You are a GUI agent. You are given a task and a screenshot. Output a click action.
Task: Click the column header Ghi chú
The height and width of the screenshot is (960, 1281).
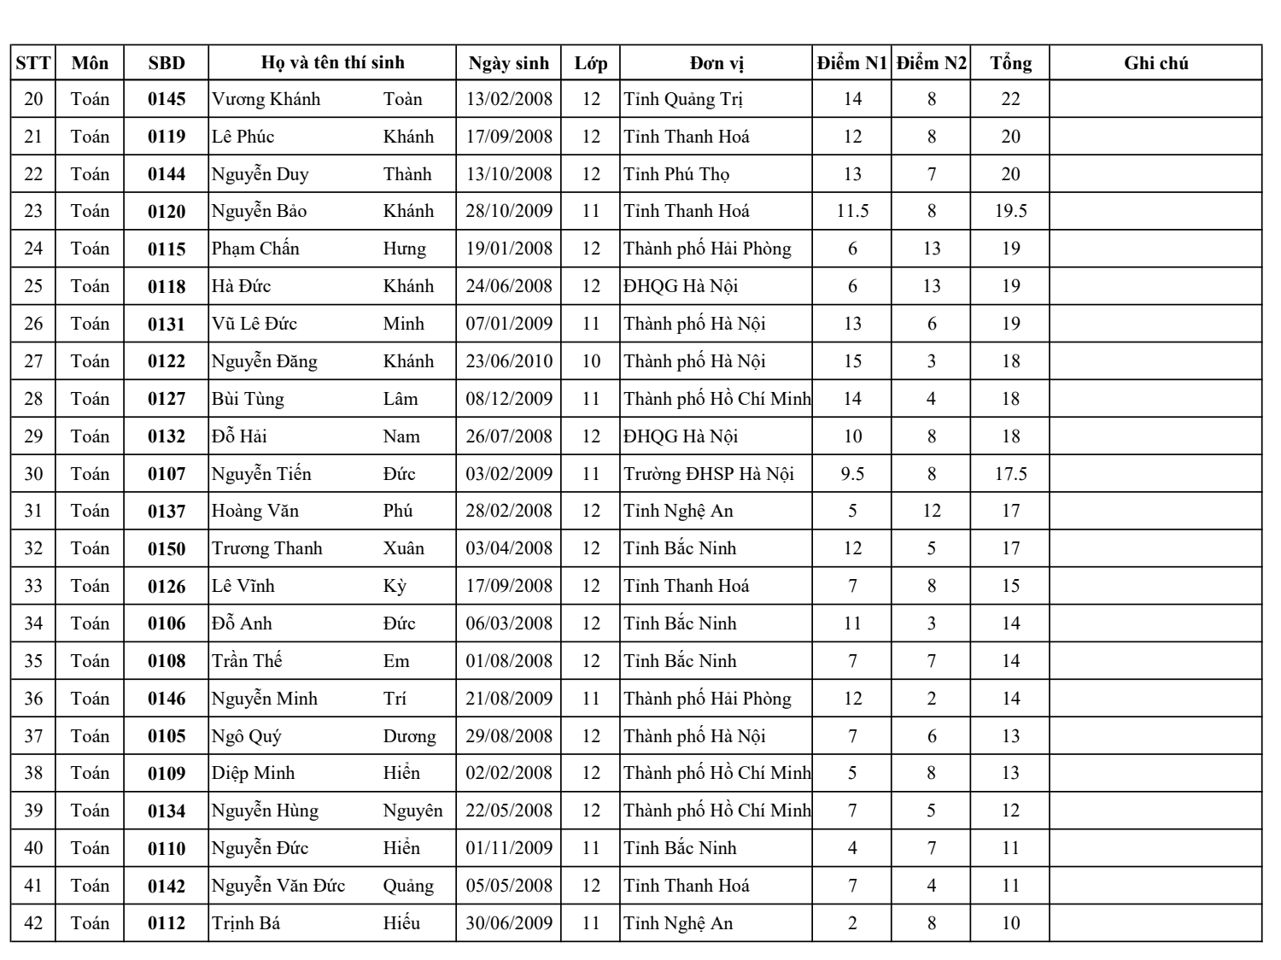[1155, 63]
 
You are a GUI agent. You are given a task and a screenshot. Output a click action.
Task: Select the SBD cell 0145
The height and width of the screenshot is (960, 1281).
[167, 99]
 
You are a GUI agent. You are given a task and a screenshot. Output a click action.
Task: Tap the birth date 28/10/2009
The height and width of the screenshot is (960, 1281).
[509, 211]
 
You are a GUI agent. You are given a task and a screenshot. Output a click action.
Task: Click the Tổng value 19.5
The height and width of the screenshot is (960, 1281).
[1010, 211]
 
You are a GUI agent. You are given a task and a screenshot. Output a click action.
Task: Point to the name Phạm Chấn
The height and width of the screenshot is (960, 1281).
[255, 249]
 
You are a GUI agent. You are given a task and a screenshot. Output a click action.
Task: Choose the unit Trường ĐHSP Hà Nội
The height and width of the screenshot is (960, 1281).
[709, 474]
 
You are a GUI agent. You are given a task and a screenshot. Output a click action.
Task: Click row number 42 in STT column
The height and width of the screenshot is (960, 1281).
[33, 923]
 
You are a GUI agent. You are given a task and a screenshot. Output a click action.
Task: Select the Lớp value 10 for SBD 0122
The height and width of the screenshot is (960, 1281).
[591, 361]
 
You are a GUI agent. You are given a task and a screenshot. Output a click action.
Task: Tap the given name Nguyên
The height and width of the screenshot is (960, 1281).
[412, 811]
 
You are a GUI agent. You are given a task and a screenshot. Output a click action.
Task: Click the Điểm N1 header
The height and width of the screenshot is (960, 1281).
[851, 63]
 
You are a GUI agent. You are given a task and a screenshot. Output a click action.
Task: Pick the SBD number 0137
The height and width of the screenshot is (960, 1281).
[167, 512]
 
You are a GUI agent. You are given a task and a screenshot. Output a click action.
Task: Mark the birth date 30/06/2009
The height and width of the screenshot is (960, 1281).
[509, 923]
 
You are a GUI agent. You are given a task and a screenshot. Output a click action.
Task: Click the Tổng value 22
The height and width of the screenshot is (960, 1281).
[1010, 99]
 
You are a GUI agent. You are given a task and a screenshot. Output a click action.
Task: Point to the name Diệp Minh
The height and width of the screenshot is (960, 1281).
[254, 774]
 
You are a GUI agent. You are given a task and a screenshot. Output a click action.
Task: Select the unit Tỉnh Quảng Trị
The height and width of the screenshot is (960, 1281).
[683, 99]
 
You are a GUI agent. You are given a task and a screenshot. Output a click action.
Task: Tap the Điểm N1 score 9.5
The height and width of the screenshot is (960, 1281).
[852, 474]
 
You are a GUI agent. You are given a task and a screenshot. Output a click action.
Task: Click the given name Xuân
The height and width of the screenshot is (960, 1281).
[403, 548]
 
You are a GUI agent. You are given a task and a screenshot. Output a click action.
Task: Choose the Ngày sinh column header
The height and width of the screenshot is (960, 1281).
[509, 63]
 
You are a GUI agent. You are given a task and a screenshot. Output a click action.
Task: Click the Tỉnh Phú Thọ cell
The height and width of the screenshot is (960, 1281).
[676, 174]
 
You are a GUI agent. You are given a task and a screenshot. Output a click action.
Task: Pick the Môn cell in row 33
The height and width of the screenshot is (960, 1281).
[90, 586]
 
